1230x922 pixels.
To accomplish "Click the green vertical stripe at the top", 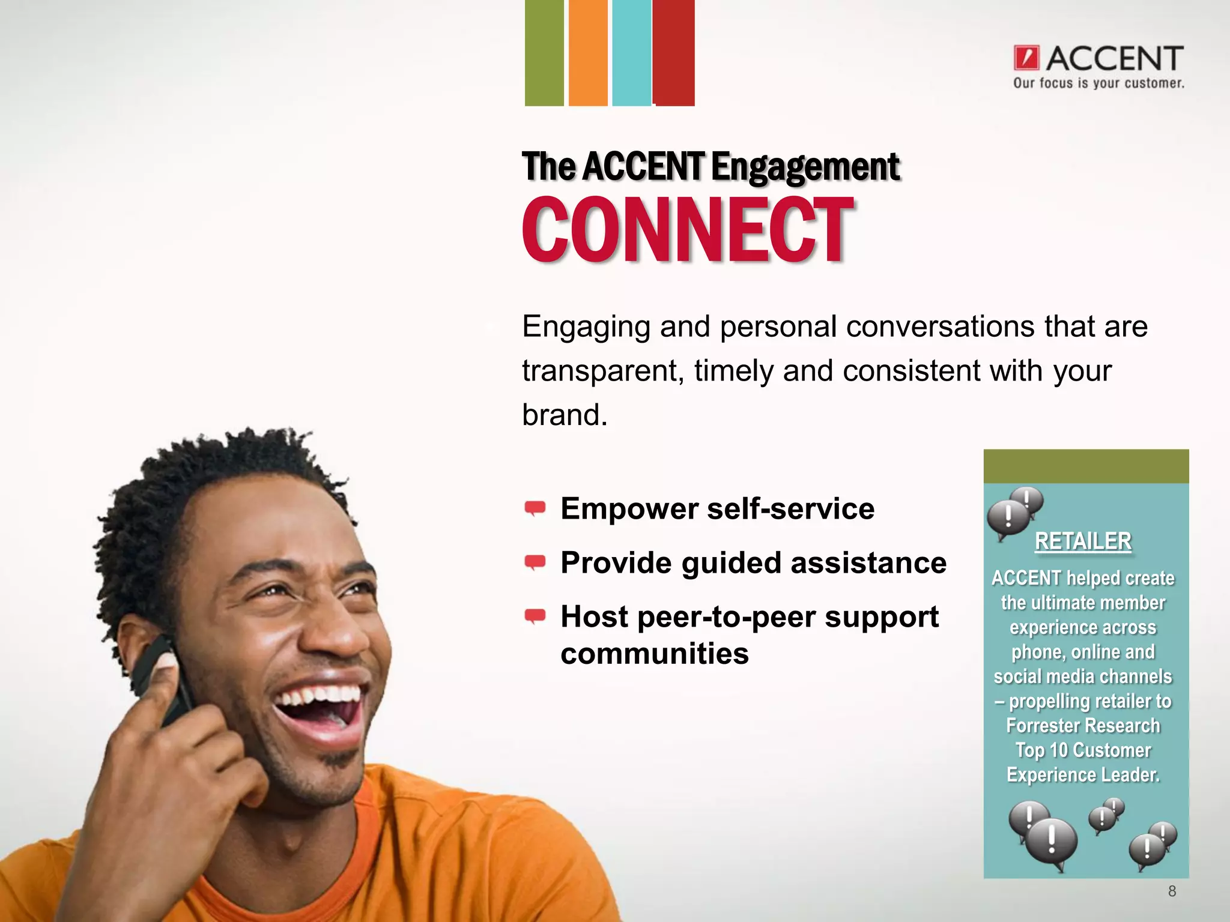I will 544,53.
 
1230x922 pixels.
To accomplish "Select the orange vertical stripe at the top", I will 588,53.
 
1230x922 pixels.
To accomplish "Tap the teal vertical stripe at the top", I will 631,53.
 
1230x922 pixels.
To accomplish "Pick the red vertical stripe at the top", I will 674,53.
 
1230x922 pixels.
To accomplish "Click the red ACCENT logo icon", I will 1026,58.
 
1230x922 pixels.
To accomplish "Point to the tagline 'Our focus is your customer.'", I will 1098,83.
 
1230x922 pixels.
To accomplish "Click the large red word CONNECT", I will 688,230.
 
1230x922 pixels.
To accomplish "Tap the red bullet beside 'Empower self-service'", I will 535,509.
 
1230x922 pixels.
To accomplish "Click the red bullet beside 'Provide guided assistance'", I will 535,563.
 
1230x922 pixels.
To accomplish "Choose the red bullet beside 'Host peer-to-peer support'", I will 535,616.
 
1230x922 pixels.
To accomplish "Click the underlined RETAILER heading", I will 1083,541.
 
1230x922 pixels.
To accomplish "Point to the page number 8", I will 1172,891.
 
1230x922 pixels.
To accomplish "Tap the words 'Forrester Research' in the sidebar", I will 1083,726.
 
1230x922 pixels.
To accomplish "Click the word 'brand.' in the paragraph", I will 565,415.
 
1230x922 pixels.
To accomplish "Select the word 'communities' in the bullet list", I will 655,654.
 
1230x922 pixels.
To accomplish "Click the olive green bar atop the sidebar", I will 1086,466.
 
